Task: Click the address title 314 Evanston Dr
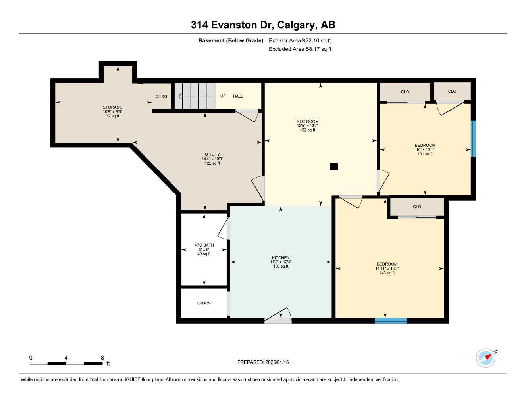click(263, 25)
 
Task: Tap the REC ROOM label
click(307, 122)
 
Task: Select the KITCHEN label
click(280, 258)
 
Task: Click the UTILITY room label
click(212, 155)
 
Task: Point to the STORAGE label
click(112, 107)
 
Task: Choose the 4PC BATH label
click(204, 245)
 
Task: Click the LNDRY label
click(204, 303)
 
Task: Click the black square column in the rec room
click(334, 167)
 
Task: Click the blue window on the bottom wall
click(390, 320)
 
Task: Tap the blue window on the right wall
click(473, 138)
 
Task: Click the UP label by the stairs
click(223, 96)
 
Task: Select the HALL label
click(238, 96)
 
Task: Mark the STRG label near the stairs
click(162, 96)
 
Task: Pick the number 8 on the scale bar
click(102, 358)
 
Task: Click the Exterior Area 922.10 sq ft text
click(300, 40)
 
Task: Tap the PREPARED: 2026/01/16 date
click(263, 362)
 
